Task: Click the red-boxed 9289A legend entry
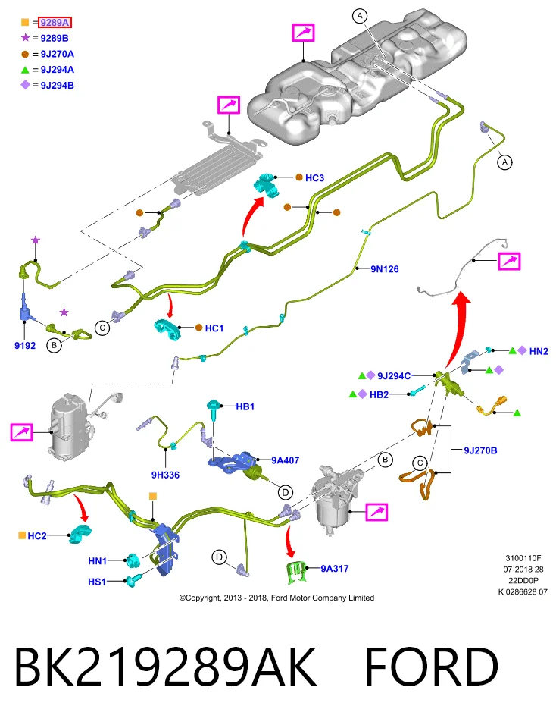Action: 55,22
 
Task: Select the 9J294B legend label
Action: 57,86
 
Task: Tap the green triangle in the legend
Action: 25,70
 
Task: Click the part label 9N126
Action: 384,268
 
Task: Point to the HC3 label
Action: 314,177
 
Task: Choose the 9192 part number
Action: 25,346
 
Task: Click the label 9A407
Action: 285,460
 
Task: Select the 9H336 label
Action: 165,475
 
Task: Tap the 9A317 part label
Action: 335,568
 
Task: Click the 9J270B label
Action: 480,450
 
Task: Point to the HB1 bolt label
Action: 245,406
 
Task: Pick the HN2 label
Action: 539,351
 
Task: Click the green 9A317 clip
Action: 296,572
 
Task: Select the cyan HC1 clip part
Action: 167,329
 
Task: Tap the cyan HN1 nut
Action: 133,560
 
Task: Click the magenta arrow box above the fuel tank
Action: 303,33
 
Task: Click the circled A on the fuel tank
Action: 360,16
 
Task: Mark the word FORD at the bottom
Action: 432,667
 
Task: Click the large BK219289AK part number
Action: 166,667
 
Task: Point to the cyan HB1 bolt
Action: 214,410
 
